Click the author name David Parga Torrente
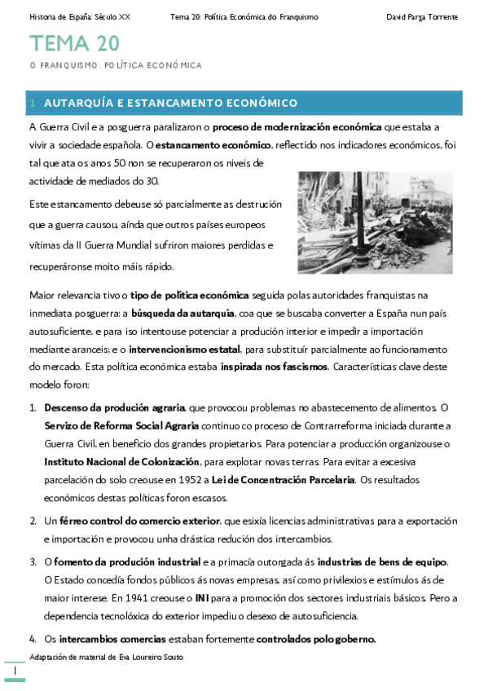(x=421, y=17)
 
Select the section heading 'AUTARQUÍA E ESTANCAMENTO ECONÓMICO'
(x=170, y=103)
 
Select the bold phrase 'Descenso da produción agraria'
(x=115, y=407)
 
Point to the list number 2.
(x=33, y=520)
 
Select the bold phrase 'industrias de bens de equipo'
(x=381, y=562)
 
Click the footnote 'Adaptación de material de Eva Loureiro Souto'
(x=106, y=657)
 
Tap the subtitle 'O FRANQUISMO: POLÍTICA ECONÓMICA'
(x=116, y=65)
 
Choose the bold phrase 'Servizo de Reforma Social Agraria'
(x=121, y=425)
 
